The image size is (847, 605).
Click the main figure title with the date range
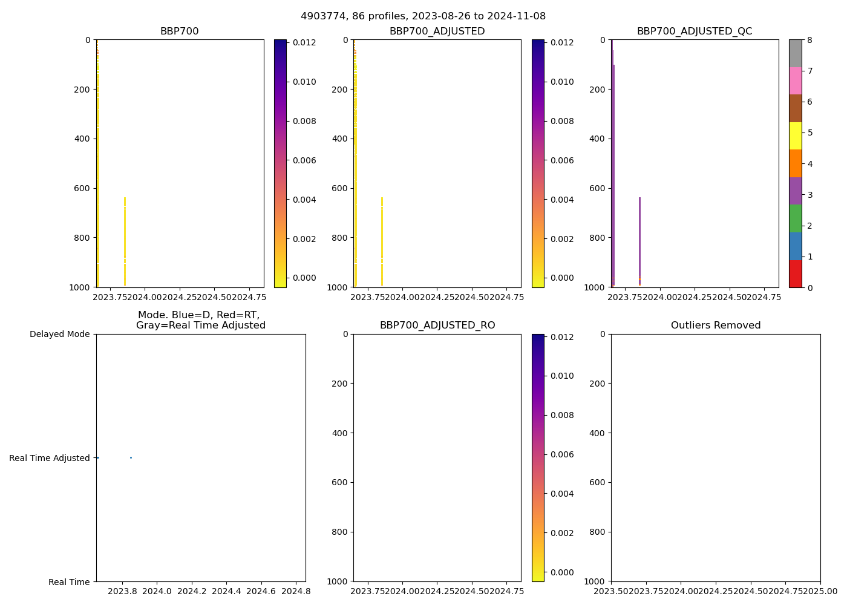[x=423, y=16]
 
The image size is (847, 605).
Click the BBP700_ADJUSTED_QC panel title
[x=695, y=31]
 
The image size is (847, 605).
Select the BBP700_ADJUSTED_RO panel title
[x=437, y=325]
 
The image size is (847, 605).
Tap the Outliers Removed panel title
[x=716, y=325]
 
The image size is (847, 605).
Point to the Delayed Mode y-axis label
[x=59, y=334]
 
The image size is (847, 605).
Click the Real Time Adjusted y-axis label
[x=50, y=458]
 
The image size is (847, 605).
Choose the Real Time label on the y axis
[x=69, y=582]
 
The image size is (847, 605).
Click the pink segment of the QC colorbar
[x=796, y=81]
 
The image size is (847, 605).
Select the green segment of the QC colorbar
[x=796, y=218]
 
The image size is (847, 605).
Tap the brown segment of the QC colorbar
[x=796, y=108]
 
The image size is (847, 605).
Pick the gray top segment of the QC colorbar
[x=796, y=53]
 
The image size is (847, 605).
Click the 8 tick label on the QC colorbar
[x=809, y=40]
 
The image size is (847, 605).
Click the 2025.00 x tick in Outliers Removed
[x=820, y=590]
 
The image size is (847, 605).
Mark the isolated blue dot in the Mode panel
[x=131, y=457]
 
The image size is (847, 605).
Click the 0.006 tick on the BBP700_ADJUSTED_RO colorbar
[x=561, y=454]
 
